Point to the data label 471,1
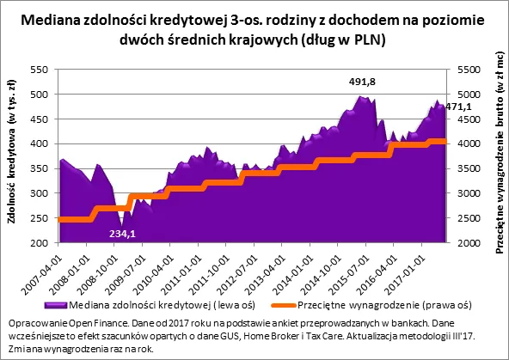(457, 107)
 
